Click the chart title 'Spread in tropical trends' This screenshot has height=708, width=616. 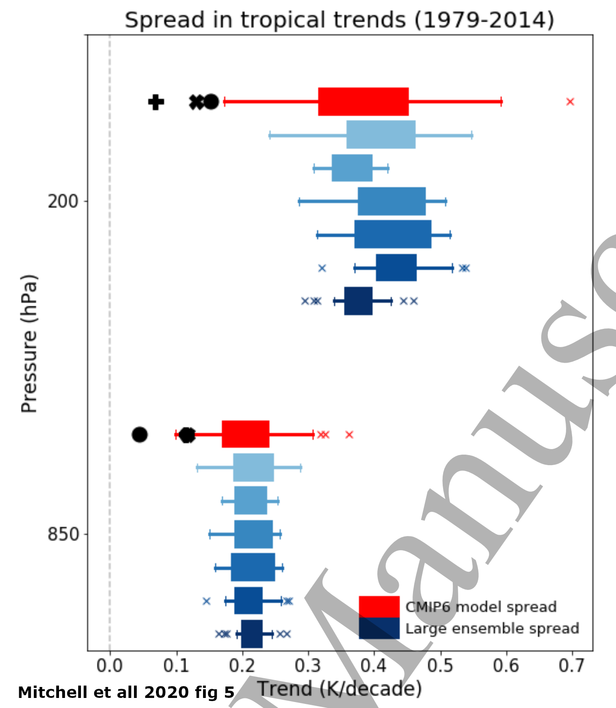(339, 20)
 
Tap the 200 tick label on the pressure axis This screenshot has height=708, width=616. (63, 201)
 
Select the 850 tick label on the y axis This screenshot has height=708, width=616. (63, 534)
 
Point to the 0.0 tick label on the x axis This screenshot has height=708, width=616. (110, 665)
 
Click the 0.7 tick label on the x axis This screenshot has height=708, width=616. (572, 665)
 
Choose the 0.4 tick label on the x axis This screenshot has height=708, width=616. (374, 665)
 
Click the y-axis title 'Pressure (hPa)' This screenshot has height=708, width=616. (29, 343)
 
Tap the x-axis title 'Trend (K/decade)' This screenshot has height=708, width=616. (339, 689)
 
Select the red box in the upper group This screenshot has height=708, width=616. (363, 102)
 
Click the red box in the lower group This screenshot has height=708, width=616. (246, 434)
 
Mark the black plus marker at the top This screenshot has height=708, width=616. (156, 102)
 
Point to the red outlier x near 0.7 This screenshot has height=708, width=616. (570, 102)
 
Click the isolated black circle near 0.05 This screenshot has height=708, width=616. (139, 434)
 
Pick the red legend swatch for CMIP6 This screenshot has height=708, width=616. (379, 607)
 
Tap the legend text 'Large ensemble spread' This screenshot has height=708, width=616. (492, 628)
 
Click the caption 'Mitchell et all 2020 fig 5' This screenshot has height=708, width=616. (126, 692)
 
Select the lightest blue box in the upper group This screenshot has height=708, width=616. (381, 134)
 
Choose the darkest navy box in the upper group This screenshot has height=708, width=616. (358, 301)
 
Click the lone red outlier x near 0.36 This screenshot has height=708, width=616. (349, 434)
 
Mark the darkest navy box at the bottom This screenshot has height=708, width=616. (252, 634)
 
